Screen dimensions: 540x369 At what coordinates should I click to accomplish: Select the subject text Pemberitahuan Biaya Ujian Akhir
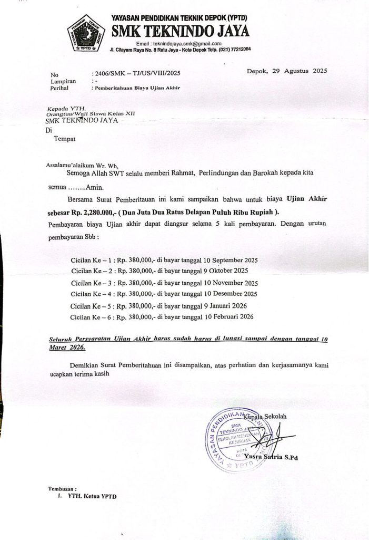tap(136, 88)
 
